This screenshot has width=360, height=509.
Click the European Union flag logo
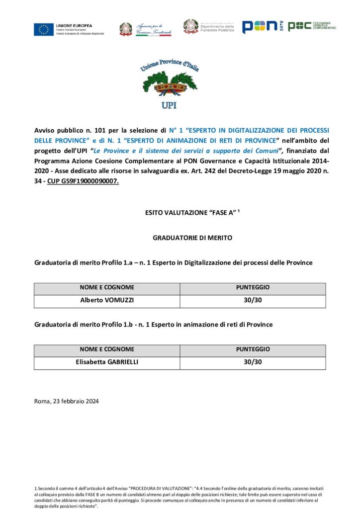point(44,29)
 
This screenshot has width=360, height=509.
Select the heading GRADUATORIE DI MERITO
point(192,238)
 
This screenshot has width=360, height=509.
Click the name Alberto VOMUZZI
point(107,301)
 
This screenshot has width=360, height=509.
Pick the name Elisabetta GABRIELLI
point(107,362)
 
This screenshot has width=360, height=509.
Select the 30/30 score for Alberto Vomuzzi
point(253,301)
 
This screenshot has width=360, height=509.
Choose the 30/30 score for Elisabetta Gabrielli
point(253,362)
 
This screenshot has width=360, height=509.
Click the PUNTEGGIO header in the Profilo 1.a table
point(253,288)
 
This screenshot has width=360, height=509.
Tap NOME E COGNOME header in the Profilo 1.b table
point(107,349)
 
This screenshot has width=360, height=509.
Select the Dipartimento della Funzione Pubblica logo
point(209,27)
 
